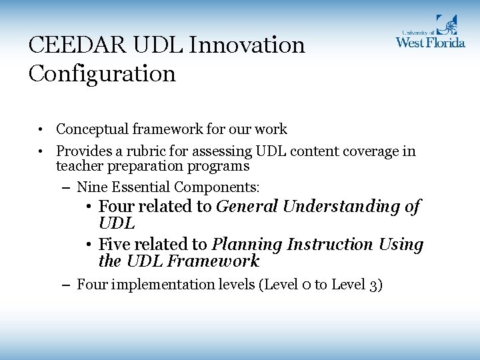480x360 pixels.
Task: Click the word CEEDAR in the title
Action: click(69, 46)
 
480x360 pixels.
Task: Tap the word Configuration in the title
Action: click(102, 73)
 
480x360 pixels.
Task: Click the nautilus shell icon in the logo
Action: click(447, 25)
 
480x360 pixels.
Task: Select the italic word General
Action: click(247, 207)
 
